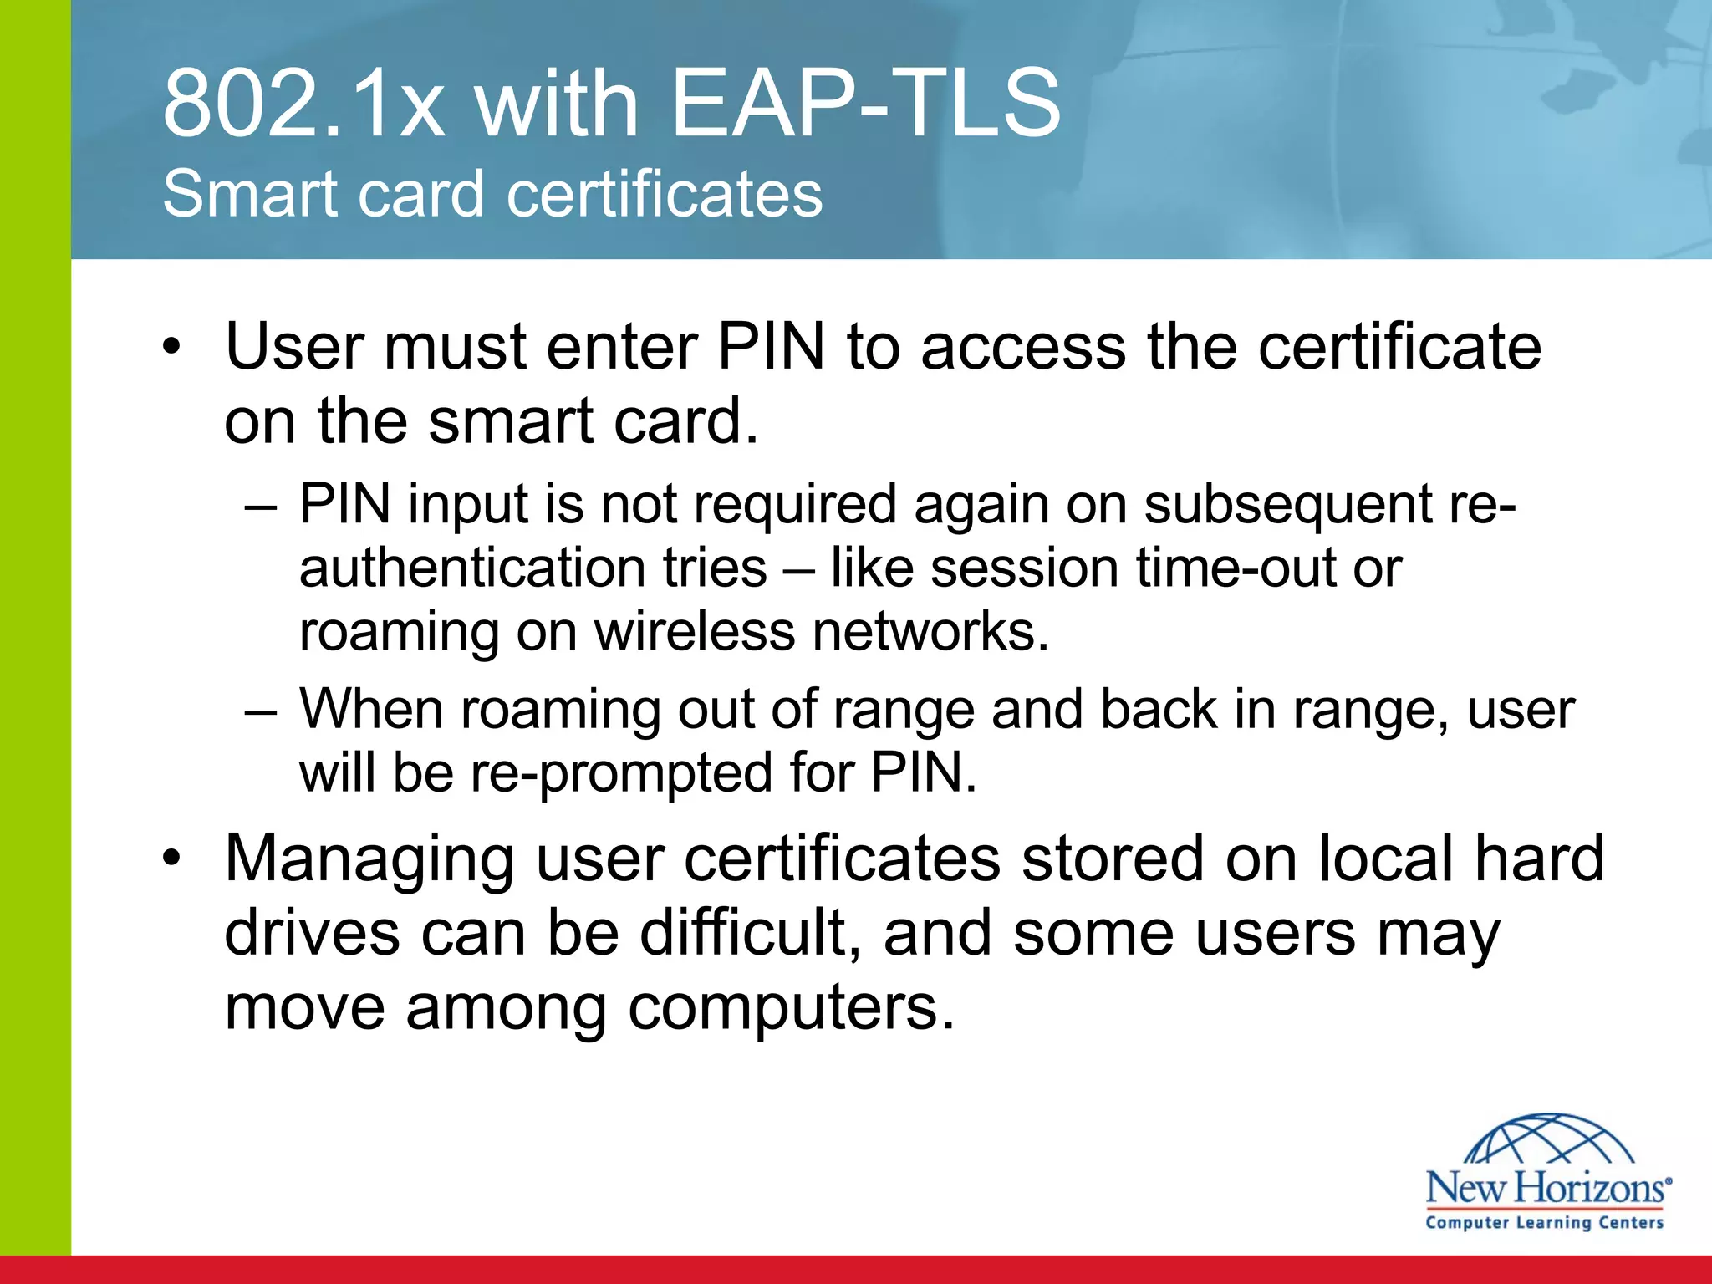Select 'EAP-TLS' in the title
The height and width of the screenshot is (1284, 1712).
865,104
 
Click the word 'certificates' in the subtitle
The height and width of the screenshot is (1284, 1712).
665,194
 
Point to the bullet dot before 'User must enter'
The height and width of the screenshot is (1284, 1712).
171,348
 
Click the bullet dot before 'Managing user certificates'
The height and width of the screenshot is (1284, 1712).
171,859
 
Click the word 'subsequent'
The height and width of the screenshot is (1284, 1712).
1288,507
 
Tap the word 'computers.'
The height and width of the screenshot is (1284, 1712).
790,1006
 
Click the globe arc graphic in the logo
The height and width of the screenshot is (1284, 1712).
1549,1139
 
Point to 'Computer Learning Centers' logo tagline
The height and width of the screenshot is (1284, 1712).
1545,1222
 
